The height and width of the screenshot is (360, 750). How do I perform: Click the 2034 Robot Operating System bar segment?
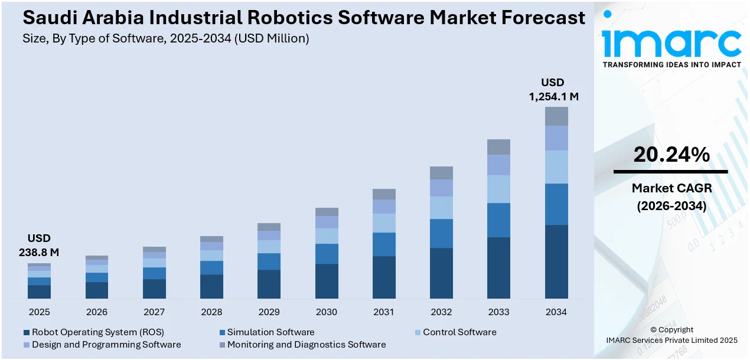556,261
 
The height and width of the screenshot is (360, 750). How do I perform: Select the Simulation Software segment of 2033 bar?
498,220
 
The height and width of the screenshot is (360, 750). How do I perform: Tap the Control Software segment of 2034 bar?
556,167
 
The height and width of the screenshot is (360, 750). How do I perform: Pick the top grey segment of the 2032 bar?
441,173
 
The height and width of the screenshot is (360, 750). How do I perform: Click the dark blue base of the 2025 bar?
40,292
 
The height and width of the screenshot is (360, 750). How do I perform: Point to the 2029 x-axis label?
269,312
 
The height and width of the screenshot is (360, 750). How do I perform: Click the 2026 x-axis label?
97,312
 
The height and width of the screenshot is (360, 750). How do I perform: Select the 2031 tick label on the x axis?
384,312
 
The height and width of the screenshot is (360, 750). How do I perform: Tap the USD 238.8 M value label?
39,246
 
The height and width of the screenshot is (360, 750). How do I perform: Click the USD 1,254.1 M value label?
553,90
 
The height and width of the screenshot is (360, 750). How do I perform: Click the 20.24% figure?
671,155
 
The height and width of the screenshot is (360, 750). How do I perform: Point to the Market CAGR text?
671,188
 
